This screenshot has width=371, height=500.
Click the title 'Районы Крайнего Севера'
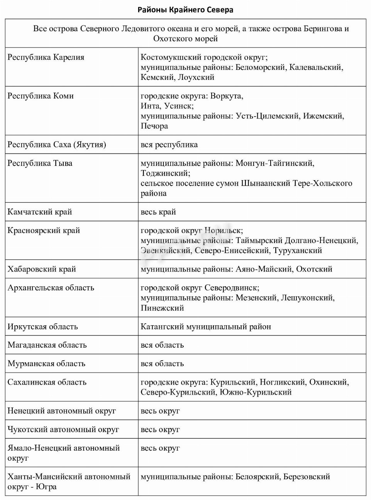pos(185,10)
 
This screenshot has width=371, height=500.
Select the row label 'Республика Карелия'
pos(46,57)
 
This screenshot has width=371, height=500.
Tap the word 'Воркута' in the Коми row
pos(226,96)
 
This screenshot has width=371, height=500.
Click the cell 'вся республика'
pos(169,145)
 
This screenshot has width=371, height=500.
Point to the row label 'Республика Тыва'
pos(40,163)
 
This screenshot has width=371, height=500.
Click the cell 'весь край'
pos(158,212)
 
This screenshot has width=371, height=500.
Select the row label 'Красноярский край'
pos(44,231)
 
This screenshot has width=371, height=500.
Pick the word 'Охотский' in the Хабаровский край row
pos(314,269)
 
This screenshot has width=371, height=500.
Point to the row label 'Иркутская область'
pos(42,327)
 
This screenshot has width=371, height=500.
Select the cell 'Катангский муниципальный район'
pos(206,327)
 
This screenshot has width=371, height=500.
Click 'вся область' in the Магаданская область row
pos(162,345)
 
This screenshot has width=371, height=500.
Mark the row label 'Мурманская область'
pos(46,364)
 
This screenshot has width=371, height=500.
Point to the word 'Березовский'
pos(307,477)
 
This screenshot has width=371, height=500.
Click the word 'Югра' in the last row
pos(46,487)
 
